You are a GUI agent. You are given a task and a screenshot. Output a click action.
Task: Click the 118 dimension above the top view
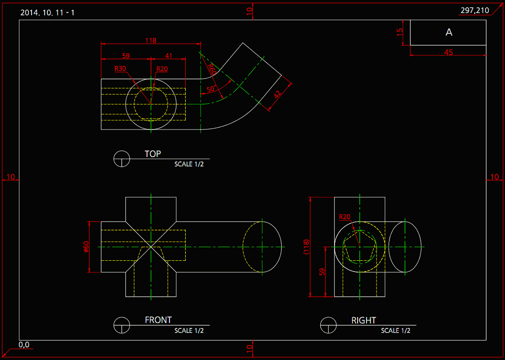click(151, 41)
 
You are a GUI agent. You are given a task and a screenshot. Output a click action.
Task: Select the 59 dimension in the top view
click(126, 56)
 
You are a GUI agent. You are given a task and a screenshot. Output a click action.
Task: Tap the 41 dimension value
click(168, 56)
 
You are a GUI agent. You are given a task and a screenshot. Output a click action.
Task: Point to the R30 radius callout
click(120, 69)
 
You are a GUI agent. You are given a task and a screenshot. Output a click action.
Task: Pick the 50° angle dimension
click(211, 89)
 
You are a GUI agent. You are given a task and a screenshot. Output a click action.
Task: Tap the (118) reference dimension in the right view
click(306, 247)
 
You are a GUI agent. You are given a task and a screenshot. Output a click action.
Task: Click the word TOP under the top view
click(152, 154)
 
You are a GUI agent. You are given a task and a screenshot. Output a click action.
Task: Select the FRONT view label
click(158, 320)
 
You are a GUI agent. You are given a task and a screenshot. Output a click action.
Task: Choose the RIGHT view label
click(363, 320)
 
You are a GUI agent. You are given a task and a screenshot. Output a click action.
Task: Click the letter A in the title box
click(449, 32)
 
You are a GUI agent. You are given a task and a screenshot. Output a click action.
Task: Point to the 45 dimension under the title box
click(448, 52)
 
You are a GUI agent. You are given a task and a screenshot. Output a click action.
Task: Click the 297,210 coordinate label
click(474, 10)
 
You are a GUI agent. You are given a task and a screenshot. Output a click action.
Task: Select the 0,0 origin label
click(24, 345)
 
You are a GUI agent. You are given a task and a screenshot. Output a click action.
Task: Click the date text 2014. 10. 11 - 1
click(47, 12)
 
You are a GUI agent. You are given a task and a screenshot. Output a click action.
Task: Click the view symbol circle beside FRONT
click(122, 325)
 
